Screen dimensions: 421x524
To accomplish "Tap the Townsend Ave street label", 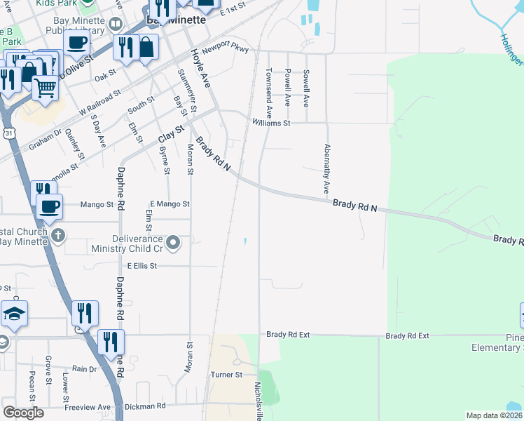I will tap(268, 93).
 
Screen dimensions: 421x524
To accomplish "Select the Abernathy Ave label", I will tap(326, 169).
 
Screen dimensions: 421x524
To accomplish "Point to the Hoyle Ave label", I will tap(200, 68).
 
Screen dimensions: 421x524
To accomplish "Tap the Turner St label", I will tap(226, 375).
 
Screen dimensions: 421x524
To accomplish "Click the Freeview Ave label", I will tap(88, 407).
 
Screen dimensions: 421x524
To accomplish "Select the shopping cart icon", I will tap(45, 88).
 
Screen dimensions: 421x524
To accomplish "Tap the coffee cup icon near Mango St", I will tap(49, 206).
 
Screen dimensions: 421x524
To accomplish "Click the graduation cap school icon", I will tap(14, 313).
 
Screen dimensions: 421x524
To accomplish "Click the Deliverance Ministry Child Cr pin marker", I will tap(174, 243).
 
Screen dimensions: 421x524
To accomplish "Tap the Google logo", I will tap(23, 413).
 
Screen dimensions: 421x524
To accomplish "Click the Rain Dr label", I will tap(84, 368).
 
